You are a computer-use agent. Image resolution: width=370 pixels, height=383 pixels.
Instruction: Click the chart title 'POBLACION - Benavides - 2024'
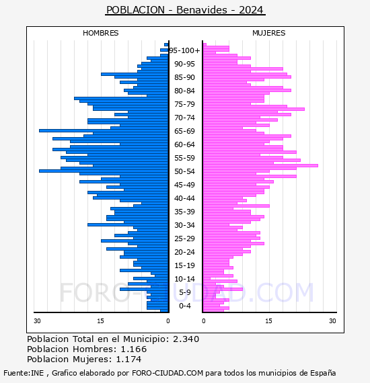(185, 10)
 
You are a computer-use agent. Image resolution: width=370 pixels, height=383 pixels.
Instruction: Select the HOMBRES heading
(100, 33)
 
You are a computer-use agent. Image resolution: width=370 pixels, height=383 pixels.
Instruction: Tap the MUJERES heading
(269, 33)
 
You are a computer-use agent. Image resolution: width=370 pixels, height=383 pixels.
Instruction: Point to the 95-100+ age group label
(184, 50)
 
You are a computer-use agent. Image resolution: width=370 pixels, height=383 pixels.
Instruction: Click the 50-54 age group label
(184, 171)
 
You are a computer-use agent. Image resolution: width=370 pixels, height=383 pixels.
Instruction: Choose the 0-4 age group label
(184, 306)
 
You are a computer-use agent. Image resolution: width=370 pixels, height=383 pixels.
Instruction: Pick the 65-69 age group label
(184, 131)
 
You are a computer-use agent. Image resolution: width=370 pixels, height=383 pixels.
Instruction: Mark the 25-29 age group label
(184, 239)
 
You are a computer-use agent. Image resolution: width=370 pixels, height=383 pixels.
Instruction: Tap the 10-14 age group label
(184, 279)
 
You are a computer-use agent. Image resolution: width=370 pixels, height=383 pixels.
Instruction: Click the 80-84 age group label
(184, 91)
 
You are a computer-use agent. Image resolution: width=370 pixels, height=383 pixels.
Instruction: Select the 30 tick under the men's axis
(37, 321)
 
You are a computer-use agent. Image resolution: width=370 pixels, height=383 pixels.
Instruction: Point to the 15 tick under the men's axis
(100, 321)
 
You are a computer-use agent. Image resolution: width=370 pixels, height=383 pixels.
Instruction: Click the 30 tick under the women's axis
(332, 321)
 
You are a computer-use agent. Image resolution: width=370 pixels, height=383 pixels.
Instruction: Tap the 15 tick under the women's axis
(269, 321)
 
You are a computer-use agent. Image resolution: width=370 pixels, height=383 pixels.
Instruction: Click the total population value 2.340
(186, 339)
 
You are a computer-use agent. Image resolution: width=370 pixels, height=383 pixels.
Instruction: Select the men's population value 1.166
(134, 349)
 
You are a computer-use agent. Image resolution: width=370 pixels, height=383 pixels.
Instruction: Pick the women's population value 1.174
(128, 359)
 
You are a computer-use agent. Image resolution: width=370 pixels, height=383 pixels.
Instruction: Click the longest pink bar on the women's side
(261, 165)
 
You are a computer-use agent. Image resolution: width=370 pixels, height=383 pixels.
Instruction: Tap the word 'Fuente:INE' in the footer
(24, 373)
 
